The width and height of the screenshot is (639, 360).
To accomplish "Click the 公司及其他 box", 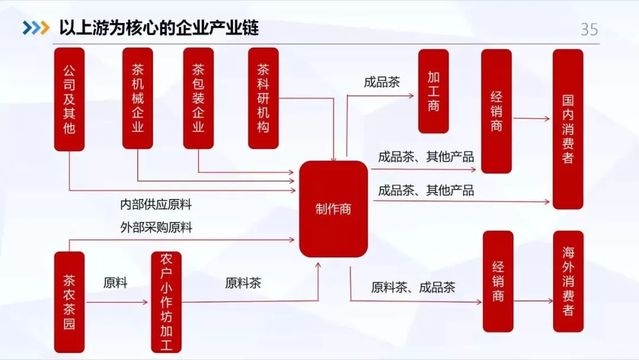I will click(69, 99).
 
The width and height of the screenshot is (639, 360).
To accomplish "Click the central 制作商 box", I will click(333, 209).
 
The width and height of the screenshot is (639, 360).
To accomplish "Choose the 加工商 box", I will click(434, 91).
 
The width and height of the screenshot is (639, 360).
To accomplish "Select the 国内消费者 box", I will click(568, 129).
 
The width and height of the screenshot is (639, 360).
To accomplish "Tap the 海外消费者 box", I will click(568, 281).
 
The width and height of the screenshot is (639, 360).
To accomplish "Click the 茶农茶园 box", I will click(69, 302).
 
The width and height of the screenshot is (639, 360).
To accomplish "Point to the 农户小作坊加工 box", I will click(166, 302).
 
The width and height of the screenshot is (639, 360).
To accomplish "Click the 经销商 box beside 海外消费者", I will click(498, 281).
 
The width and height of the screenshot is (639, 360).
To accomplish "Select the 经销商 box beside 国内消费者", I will click(496, 111).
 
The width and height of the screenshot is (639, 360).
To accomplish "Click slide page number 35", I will click(589, 30).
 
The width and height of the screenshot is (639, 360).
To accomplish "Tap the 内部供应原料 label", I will click(156, 205).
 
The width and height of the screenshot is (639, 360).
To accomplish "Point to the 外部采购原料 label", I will click(156, 227).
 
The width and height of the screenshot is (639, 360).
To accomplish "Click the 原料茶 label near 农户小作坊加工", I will click(243, 283).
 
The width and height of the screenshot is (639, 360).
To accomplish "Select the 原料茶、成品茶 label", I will click(413, 288).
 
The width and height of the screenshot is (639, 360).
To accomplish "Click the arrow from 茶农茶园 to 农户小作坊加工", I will click(118, 302).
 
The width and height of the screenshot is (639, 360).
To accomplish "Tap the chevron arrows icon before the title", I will click(35, 28).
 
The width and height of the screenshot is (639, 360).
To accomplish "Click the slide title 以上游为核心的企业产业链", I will click(159, 28).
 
